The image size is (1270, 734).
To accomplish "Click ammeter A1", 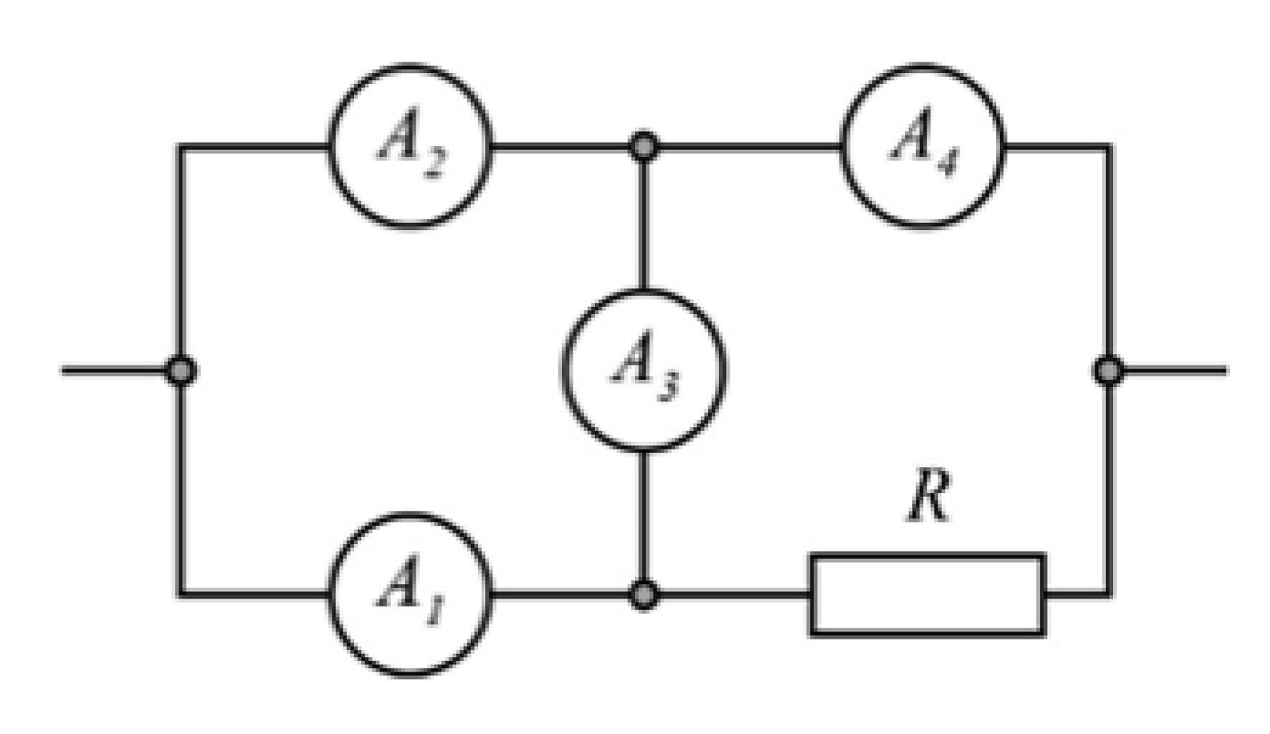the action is point(410,594).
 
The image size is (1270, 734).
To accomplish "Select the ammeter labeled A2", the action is point(410,147).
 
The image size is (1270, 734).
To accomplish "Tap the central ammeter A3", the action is point(644,371).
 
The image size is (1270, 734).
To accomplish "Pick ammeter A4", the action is point(922,147).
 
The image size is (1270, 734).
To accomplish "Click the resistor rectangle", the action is point(927,594).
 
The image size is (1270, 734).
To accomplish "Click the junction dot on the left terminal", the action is point(181,371).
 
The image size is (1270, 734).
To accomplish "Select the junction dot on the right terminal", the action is point(1109,371).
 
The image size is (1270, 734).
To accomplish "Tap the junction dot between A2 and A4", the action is point(644,147).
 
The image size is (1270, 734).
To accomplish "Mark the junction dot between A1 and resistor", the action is point(644,595).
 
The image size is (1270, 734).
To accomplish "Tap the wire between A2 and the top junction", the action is point(560,147).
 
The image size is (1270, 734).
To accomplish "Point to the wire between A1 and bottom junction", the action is point(560,595).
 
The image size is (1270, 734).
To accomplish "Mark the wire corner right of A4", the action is point(1109,147).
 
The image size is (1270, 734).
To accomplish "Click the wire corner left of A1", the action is point(181,595).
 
